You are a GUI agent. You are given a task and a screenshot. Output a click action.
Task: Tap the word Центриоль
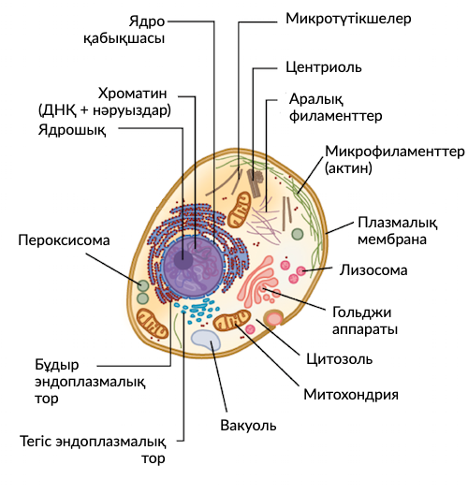323,67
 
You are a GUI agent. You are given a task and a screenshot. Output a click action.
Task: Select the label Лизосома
372,272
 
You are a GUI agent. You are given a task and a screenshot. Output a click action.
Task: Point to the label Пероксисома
64,240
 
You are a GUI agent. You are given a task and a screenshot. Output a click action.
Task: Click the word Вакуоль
249,425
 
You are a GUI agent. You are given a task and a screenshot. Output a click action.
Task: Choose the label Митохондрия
351,394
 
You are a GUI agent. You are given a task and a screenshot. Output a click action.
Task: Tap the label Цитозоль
341,358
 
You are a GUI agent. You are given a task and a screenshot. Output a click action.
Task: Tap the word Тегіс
38,442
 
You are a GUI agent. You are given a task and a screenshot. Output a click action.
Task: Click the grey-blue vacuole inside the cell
205,341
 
